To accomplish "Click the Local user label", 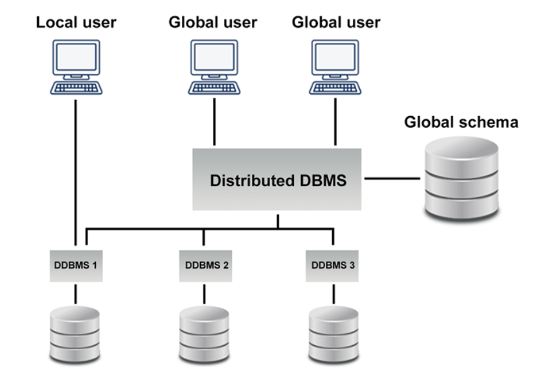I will [76, 22].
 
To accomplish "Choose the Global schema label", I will [461, 122].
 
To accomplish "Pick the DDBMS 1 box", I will [76, 265].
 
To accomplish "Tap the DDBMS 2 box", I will [205, 265].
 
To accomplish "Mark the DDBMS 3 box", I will [333, 265].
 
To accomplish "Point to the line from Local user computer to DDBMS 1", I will [76, 169].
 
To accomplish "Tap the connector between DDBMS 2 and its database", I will [205, 293].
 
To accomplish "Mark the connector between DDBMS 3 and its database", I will [333, 293].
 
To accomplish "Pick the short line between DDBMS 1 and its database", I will [76, 293].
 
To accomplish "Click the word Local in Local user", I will [54, 22].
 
